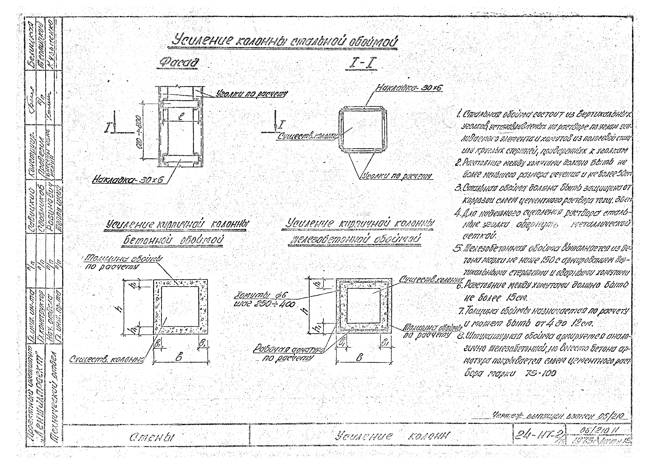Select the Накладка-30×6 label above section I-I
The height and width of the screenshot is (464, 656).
(x=409, y=88)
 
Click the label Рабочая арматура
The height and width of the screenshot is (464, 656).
(x=289, y=350)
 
